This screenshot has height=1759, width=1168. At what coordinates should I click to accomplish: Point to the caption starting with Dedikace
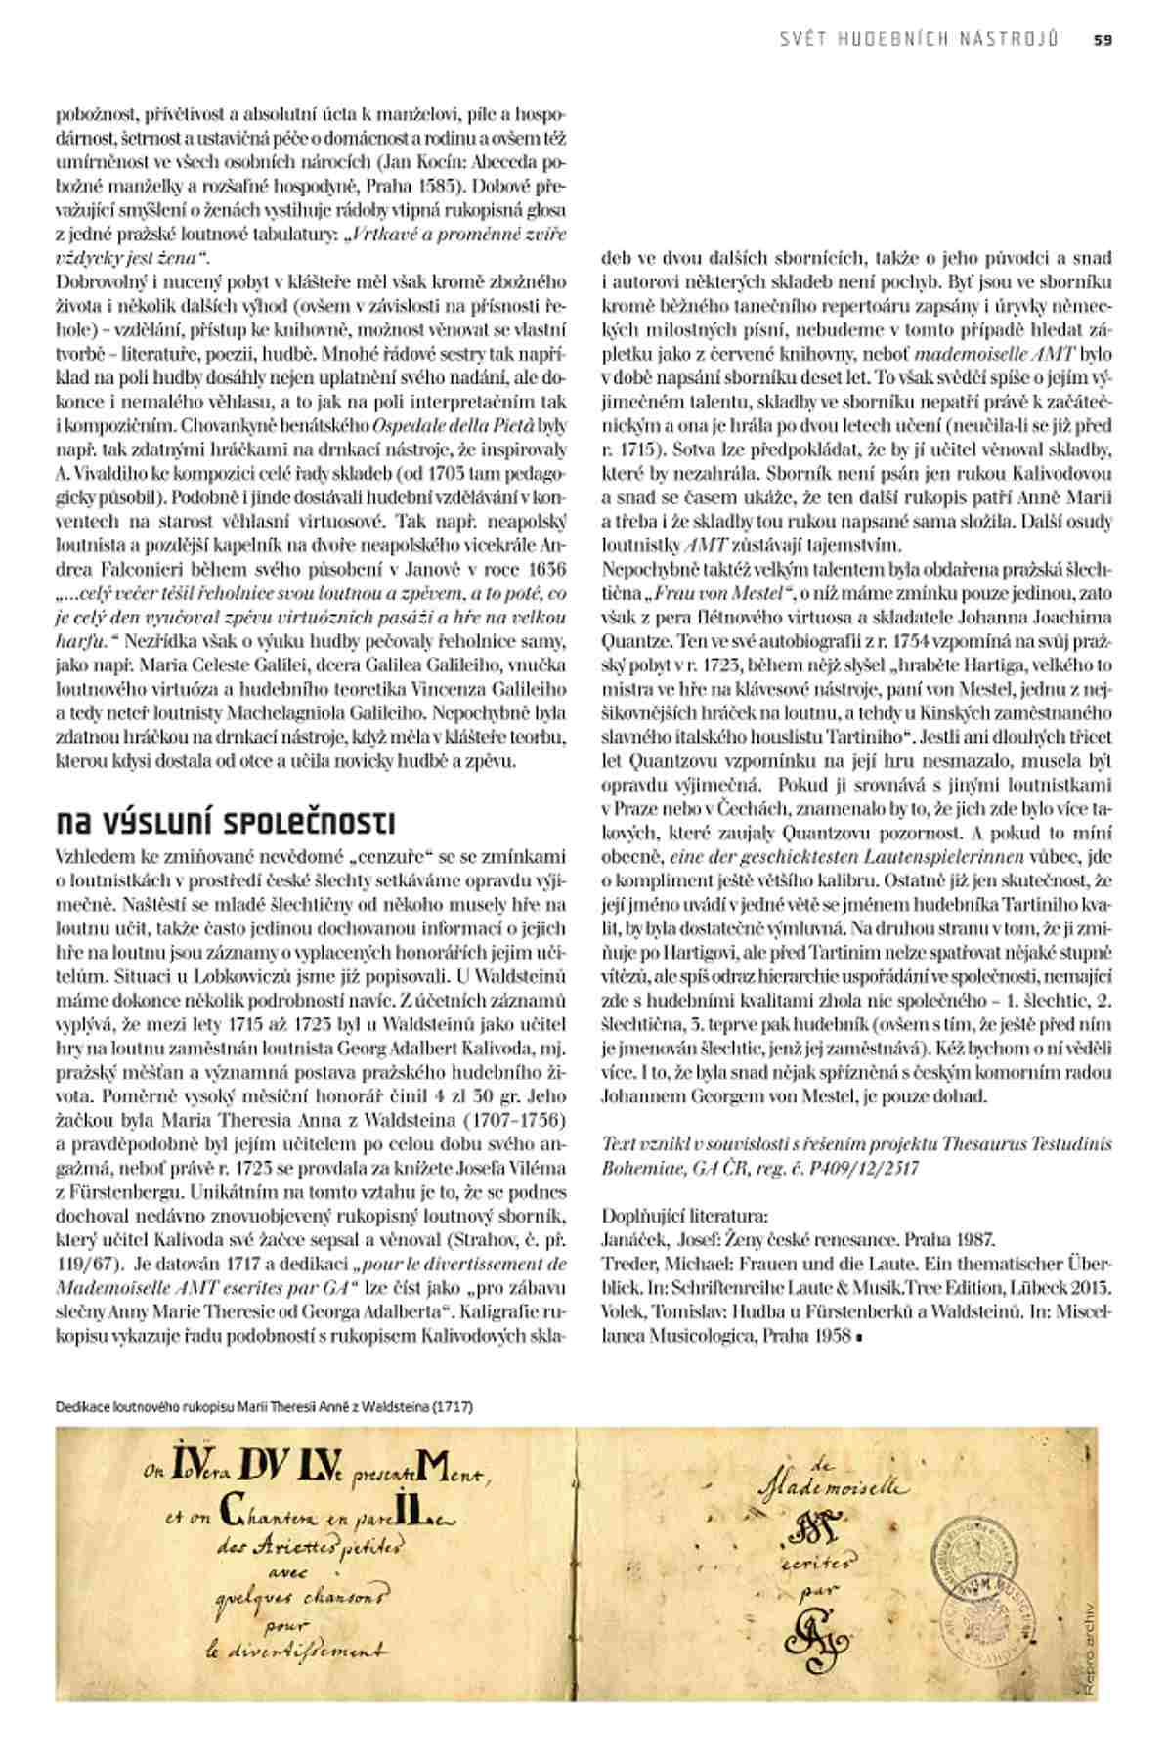(x=264, y=1407)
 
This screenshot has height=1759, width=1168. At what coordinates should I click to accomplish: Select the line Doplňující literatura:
(x=685, y=1217)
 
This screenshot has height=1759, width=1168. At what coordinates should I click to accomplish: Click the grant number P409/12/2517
(x=867, y=1168)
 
